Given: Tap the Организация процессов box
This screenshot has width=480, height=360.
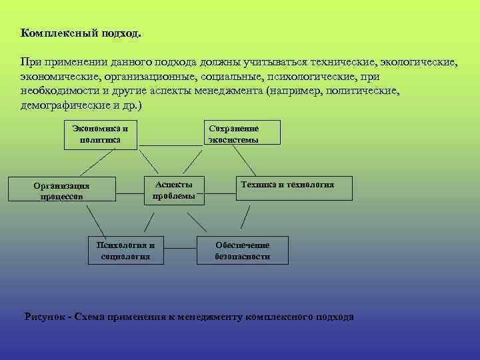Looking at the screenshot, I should click(x=61, y=189).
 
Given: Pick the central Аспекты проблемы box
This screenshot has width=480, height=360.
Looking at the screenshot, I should click(x=174, y=190).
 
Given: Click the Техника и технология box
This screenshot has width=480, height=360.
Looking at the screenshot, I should click(x=295, y=188).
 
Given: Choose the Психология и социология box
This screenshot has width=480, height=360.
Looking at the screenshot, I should click(x=125, y=250).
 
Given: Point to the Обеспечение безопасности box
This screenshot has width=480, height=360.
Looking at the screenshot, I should click(x=243, y=250).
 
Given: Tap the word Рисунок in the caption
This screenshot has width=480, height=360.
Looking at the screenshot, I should click(x=45, y=316).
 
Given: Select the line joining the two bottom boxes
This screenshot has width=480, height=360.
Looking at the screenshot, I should click(x=179, y=249).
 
